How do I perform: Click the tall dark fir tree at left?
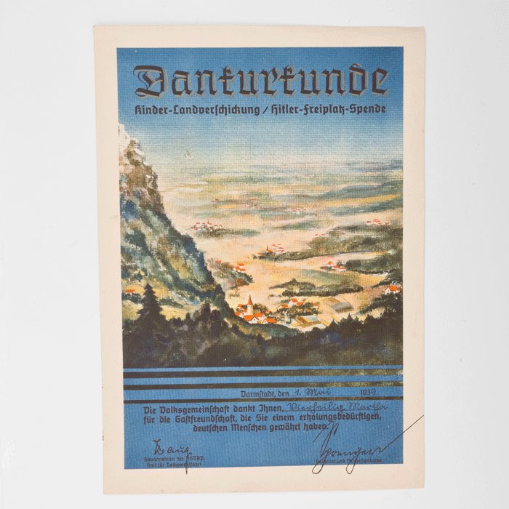tap(152, 305)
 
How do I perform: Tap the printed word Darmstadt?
tap(258, 393)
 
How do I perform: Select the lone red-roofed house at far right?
tap(393, 289)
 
